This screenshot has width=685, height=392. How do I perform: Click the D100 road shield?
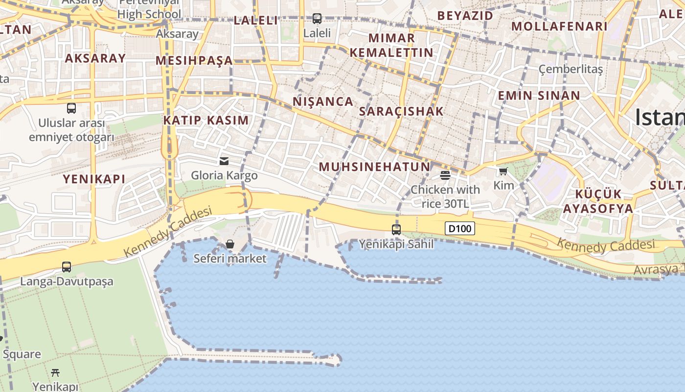coord(460,228)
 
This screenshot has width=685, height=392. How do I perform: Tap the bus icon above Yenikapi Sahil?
coord(396,229)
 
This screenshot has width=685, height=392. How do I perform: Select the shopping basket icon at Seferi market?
coord(230,244)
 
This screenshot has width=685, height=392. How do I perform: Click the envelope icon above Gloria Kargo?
coord(224,161)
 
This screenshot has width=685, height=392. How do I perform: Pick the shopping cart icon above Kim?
coord(503,171)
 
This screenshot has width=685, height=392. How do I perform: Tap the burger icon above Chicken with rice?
coord(445,175)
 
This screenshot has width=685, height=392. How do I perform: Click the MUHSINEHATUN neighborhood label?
coord(374,167)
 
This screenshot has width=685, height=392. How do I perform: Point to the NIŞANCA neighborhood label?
coord(323,101)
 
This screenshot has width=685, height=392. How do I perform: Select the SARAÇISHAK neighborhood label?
coord(401,111)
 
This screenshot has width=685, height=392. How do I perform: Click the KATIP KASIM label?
coord(206,120)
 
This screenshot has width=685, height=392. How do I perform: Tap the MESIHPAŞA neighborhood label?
coord(194,61)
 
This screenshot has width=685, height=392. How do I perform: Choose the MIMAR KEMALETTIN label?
coord(391,45)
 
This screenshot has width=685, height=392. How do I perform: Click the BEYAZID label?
coord(465,16)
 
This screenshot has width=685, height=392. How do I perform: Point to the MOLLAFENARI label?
coord(559,26)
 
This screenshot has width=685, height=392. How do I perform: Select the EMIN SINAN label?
coord(539,96)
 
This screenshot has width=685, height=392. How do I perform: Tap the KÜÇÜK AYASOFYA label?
coord(598,201)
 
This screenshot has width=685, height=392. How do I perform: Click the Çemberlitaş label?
coord(571,69)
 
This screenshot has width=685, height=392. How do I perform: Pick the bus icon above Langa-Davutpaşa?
coord(67,267)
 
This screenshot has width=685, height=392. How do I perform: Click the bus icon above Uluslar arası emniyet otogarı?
coord(71,108)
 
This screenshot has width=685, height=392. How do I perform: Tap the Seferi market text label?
coord(230,258)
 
